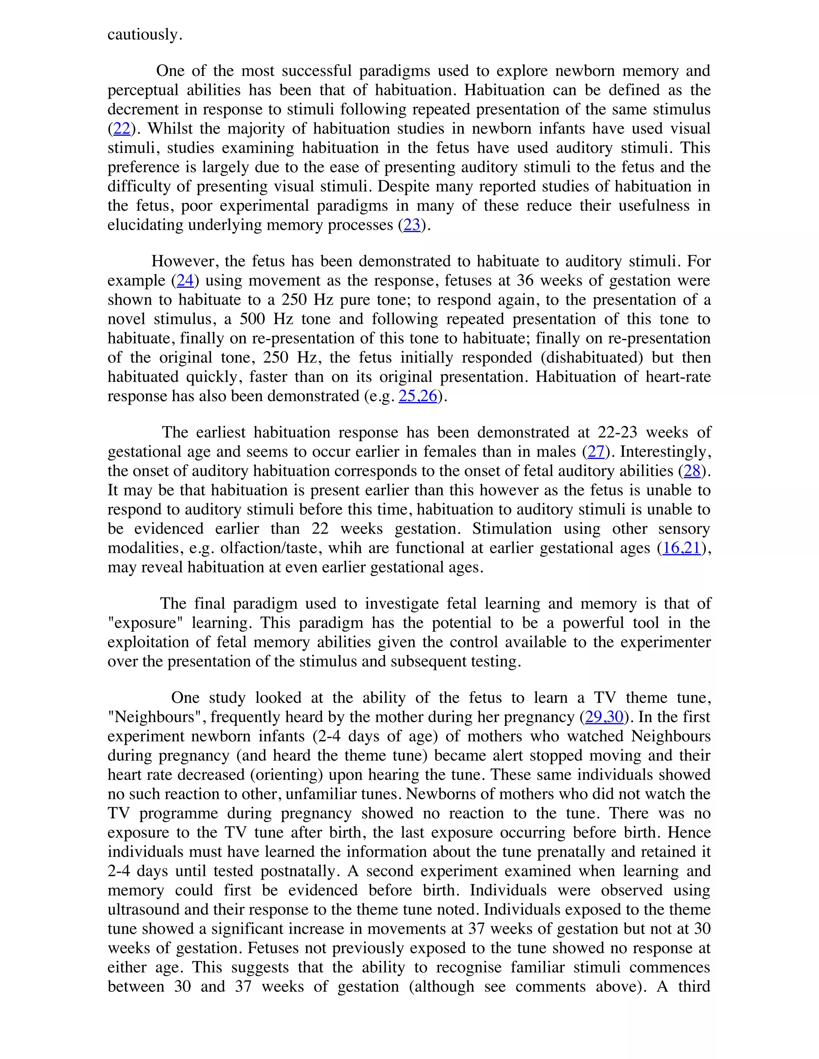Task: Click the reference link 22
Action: click(x=122, y=129)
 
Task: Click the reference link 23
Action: click(x=411, y=225)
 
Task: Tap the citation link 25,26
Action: click(x=418, y=396)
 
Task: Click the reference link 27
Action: click(x=596, y=452)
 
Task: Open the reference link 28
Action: click(x=692, y=471)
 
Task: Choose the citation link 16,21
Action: click(x=682, y=548)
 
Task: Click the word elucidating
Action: click(x=145, y=225)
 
